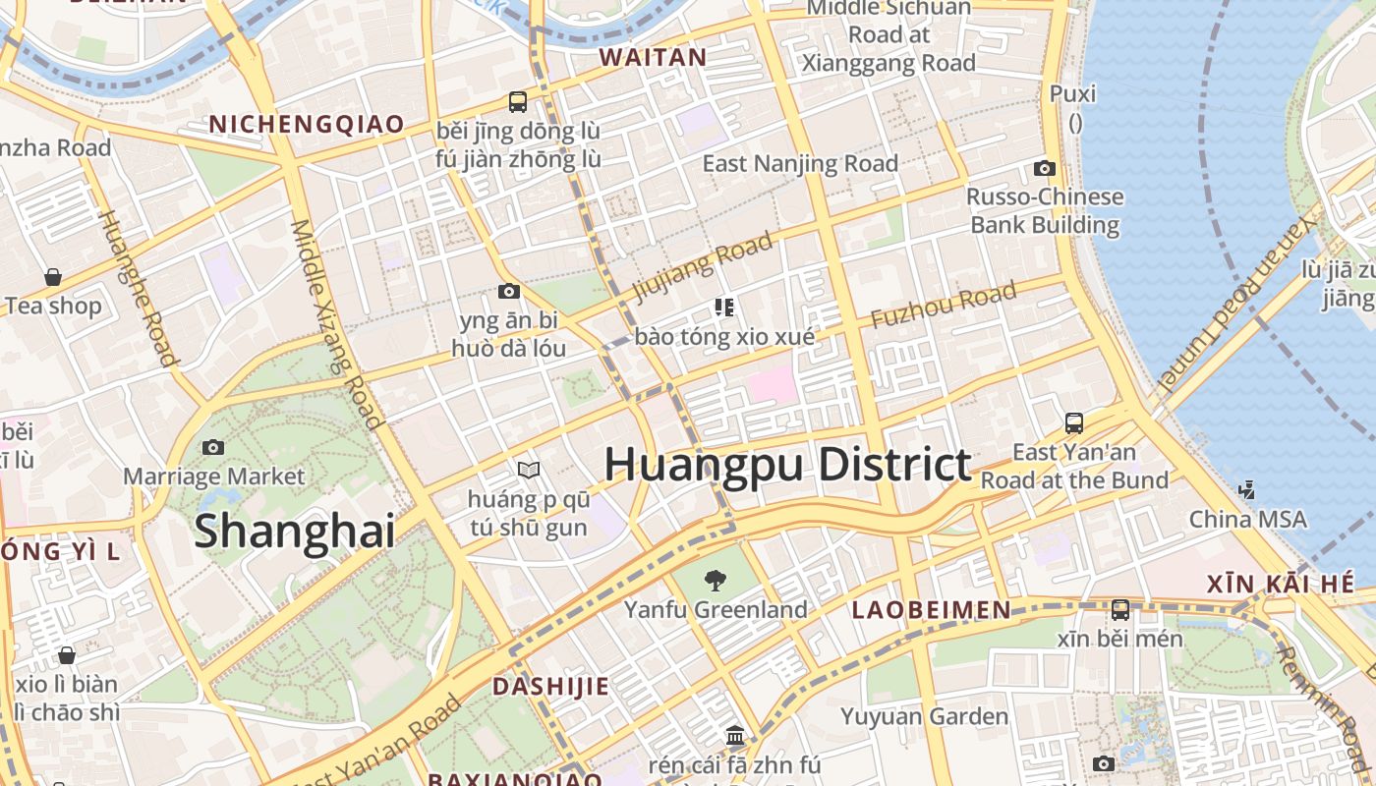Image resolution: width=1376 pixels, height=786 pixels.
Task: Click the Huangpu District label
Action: tap(787, 464)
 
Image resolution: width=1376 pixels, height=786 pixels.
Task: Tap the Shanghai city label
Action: tap(294, 531)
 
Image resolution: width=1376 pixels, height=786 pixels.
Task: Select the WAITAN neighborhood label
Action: tap(654, 57)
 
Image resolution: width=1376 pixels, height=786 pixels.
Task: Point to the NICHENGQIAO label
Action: tap(307, 124)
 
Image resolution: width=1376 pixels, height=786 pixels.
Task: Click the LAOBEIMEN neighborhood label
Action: tap(931, 610)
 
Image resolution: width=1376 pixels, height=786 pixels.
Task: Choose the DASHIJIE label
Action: tap(550, 686)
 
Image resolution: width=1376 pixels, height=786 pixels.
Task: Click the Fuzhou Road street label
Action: tap(943, 306)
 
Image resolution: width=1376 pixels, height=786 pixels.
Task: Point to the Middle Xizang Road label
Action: tap(335, 324)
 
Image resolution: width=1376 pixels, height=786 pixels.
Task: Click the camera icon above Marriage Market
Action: tap(212, 447)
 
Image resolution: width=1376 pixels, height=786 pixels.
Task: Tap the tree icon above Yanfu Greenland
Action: tap(716, 581)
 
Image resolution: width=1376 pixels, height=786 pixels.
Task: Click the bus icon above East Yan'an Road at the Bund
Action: tap(1074, 423)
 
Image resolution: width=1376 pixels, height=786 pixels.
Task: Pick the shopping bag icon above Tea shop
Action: tap(53, 277)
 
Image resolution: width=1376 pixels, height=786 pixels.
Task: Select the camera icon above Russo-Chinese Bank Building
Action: tap(1045, 168)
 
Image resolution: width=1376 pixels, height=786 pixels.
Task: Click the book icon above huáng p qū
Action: tap(529, 471)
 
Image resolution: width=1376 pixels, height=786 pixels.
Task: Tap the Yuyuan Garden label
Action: tap(924, 716)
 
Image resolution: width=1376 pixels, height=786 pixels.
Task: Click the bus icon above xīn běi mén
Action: tap(1119, 609)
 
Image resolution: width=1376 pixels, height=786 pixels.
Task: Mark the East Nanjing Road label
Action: tap(800, 163)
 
